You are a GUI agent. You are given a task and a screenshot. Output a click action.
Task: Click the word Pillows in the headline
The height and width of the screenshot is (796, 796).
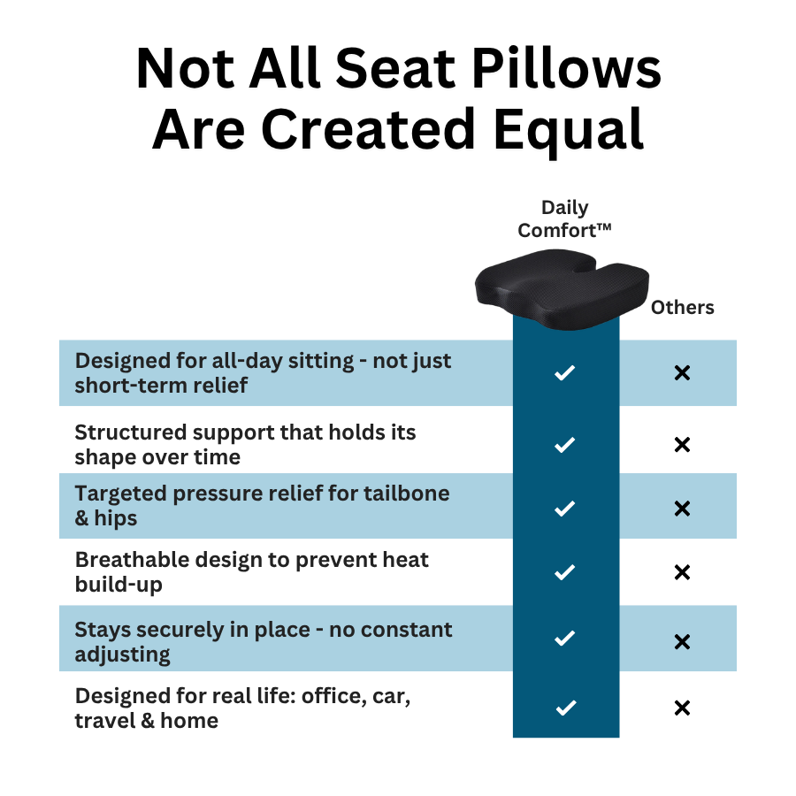(x=566, y=68)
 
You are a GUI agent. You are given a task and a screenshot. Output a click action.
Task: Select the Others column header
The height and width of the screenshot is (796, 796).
(x=682, y=307)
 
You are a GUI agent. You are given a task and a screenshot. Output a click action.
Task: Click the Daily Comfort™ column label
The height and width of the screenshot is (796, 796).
(x=564, y=218)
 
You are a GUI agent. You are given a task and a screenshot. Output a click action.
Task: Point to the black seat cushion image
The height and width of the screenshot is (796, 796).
(x=562, y=289)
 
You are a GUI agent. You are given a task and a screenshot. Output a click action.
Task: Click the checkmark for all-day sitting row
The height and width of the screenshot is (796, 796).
(x=564, y=372)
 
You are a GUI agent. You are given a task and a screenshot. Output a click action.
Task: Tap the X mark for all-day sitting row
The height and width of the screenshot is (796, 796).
(x=682, y=373)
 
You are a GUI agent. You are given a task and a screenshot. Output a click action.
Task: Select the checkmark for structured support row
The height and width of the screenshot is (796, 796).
(x=564, y=445)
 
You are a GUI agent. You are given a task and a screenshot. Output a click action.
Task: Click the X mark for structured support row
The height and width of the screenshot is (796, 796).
(x=682, y=445)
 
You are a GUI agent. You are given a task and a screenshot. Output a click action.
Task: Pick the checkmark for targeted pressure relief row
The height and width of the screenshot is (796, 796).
(x=564, y=509)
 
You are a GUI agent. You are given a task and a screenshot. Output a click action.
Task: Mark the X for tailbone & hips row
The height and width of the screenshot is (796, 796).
(x=682, y=509)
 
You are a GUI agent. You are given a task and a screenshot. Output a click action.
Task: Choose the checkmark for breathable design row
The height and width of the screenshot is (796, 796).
(x=564, y=572)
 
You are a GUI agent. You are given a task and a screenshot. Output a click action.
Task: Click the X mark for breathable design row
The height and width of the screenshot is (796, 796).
(x=682, y=572)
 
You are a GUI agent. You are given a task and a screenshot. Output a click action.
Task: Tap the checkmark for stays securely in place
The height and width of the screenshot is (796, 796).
(x=564, y=638)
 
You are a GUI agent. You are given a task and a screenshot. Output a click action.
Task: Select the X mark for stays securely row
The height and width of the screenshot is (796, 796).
(x=682, y=642)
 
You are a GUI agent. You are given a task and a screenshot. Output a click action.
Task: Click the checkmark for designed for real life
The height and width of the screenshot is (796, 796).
(x=565, y=708)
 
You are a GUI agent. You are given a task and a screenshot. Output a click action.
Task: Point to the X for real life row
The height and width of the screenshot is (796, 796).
(x=682, y=708)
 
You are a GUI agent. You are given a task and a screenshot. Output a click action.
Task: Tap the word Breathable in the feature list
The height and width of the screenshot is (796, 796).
(x=132, y=560)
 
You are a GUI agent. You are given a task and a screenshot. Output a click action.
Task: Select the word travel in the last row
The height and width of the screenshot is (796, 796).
(x=104, y=720)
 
